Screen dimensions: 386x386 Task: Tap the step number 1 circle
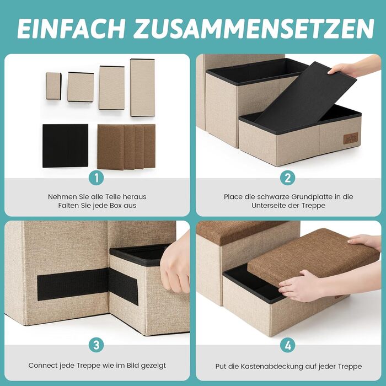click(x=96, y=178)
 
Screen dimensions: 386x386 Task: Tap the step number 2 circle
click(x=288, y=178)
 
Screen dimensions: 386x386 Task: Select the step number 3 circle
click(x=96, y=345)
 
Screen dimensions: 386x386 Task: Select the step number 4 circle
click(x=288, y=345)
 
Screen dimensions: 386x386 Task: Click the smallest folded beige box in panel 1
click(x=53, y=86)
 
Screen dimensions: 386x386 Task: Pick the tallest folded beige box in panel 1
click(x=142, y=87)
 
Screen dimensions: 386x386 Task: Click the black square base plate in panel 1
click(x=65, y=146)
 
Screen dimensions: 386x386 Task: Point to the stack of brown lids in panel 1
click(x=126, y=147)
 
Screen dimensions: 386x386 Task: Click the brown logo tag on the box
click(x=351, y=138)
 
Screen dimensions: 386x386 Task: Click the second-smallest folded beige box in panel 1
click(x=81, y=87)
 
